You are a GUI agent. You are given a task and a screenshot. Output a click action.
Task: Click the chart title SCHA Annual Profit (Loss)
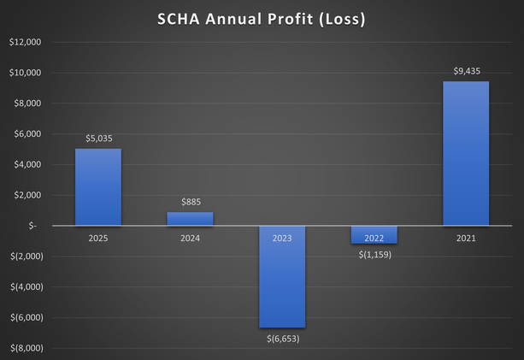point(262,18)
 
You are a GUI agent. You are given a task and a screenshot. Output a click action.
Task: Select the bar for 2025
point(98,187)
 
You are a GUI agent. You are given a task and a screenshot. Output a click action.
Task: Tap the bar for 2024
point(190,219)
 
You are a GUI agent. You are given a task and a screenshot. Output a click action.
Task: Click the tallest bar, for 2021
point(466,154)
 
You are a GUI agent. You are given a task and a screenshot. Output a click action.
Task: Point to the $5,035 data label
point(98,138)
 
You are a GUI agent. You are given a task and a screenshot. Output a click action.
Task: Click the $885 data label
point(190,201)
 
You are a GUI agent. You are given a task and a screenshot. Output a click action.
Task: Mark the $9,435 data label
point(466,71)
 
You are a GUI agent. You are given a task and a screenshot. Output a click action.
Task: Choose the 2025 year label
point(98,238)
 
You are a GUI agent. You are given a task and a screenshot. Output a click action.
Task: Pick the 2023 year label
point(282,238)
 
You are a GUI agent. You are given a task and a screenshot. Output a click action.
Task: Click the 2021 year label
point(466,238)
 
